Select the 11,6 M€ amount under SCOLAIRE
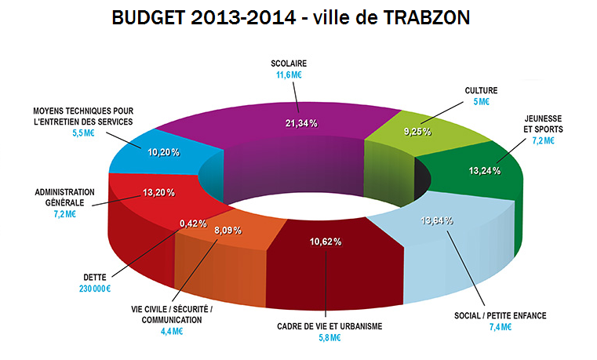pos(289,76)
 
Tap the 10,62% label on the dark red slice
pos(325,242)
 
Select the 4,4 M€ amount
pos(171,331)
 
